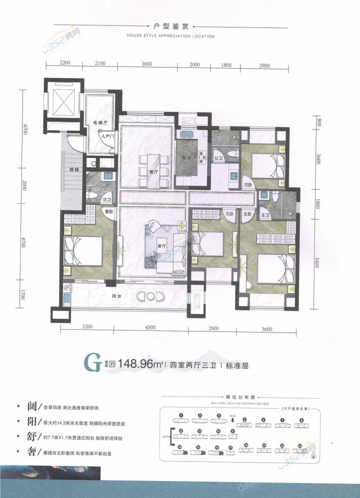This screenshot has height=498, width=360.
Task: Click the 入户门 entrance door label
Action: click(x=108, y=136)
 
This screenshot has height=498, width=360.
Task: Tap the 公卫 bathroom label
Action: click(x=219, y=159)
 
